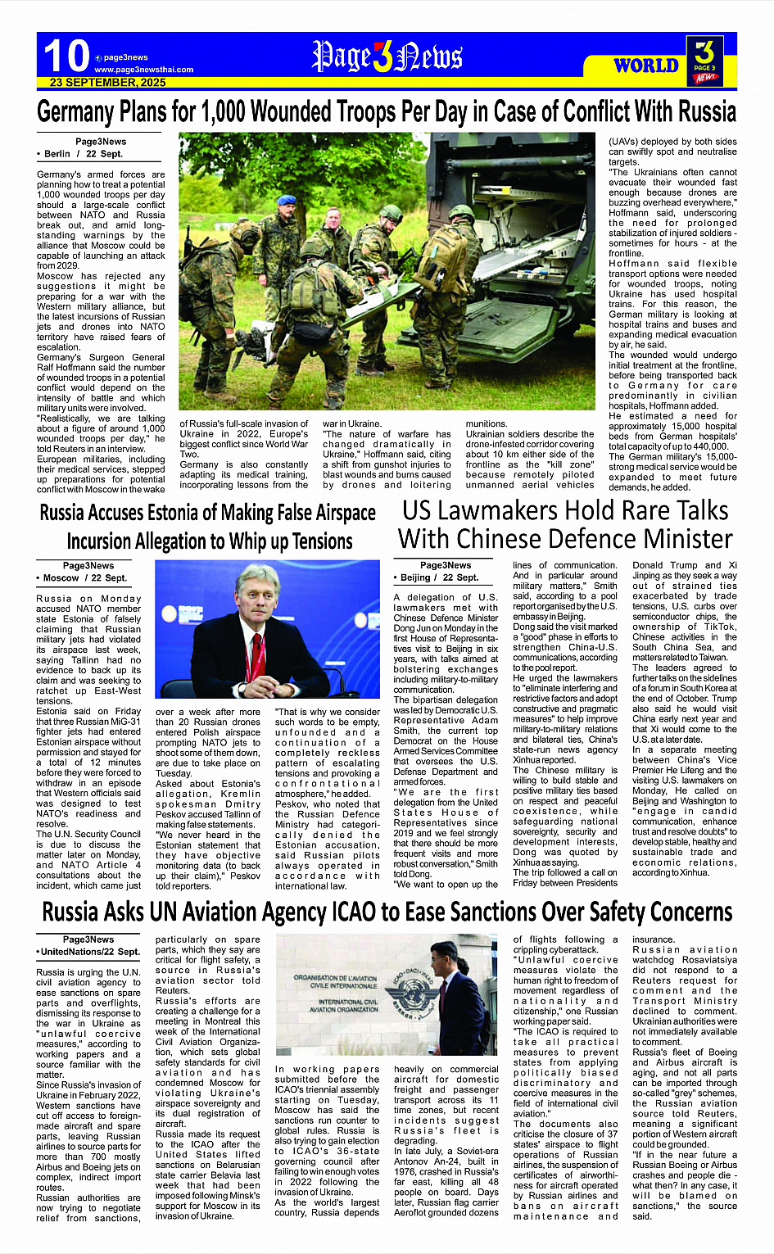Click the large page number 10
[x=66, y=57]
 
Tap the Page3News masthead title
[x=387, y=57]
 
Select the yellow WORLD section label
[x=646, y=66]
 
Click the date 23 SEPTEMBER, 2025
[x=107, y=83]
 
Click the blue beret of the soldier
[x=286, y=201]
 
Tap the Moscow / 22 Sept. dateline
[x=82, y=577]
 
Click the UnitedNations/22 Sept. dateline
[x=89, y=952]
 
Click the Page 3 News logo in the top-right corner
[x=705, y=59]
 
